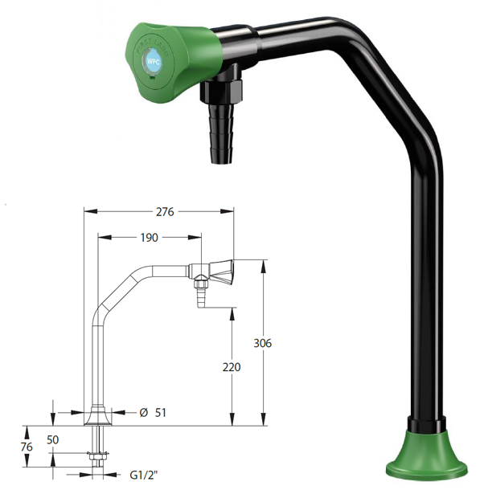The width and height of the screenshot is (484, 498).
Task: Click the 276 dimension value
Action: (165, 211)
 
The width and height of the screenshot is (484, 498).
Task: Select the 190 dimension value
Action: (149, 237)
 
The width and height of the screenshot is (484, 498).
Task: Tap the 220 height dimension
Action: (232, 366)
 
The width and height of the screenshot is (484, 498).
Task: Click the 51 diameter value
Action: (160, 412)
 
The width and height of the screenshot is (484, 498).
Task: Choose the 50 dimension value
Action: (53, 440)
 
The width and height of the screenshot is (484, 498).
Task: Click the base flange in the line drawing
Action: (97, 415)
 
